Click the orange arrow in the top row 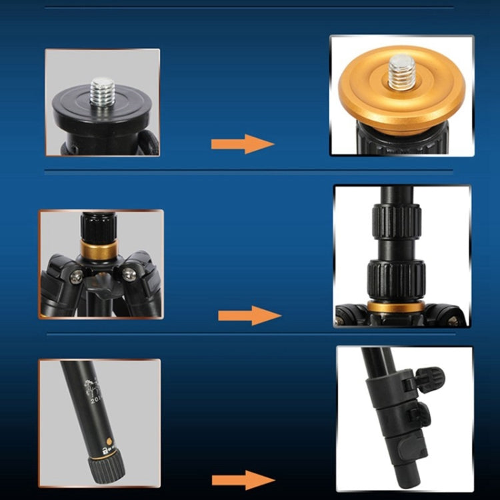point(243,143)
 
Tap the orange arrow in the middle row point(249,315)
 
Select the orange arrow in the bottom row point(243,480)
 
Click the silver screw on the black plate point(103,89)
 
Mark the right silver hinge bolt point(126,273)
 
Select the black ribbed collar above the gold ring point(99,229)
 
